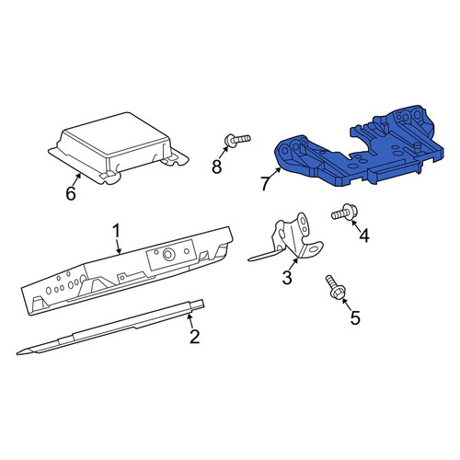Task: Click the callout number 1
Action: click(x=116, y=231)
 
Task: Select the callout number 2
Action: click(x=195, y=337)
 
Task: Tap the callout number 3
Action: click(x=287, y=277)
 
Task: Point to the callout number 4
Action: click(x=364, y=236)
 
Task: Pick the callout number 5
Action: click(x=355, y=317)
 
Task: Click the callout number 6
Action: click(x=71, y=193)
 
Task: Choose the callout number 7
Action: click(x=266, y=183)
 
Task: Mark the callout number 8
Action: click(x=217, y=167)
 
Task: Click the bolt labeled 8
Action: click(x=237, y=140)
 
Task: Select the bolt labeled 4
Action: click(x=344, y=213)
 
